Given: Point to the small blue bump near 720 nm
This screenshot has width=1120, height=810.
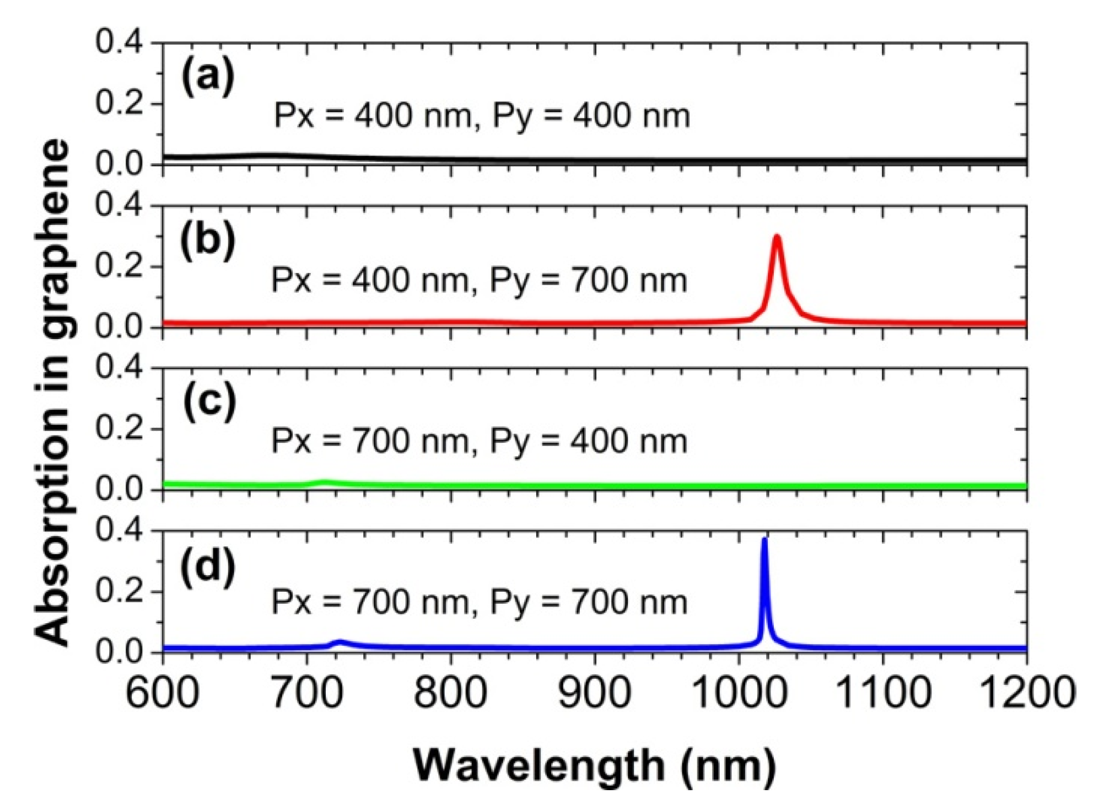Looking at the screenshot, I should tap(340, 642).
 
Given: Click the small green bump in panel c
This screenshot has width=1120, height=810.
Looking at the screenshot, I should tap(325, 482).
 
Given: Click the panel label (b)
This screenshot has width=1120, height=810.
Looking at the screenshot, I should tap(208, 241).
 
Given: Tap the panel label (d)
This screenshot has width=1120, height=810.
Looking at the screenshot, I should tap(208, 566).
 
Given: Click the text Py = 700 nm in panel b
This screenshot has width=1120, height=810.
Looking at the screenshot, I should tap(588, 281).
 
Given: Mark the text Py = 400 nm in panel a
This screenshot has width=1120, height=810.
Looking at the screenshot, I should tap(590, 116).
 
